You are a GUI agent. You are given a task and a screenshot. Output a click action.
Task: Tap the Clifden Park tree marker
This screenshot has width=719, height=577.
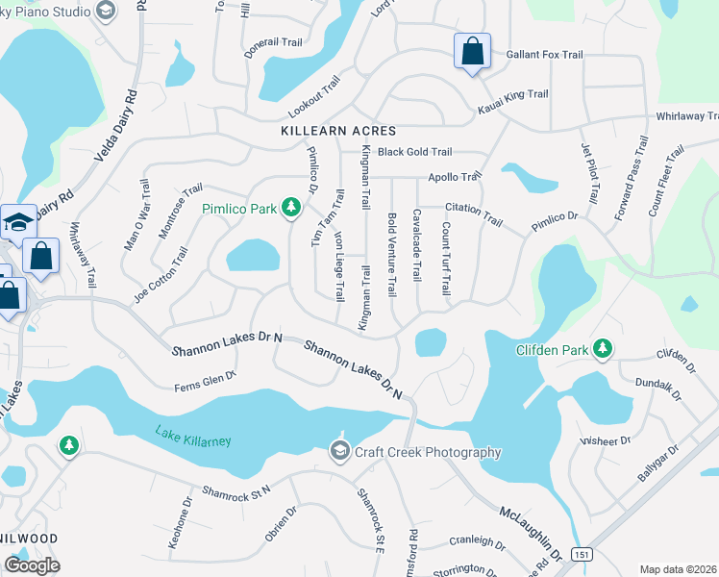(x=603, y=348)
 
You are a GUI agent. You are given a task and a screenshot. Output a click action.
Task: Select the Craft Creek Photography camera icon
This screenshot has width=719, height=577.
(x=338, y=451)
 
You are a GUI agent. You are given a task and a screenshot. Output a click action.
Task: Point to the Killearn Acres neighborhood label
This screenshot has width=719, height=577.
(x=338, y=130)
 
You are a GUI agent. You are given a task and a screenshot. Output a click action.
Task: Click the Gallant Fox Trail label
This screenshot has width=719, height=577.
(x=545, y=55)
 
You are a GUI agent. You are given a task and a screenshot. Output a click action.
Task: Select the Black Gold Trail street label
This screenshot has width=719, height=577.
(x=414, y=152)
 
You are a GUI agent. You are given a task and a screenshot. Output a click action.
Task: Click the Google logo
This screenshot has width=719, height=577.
(x=31, y=564)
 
